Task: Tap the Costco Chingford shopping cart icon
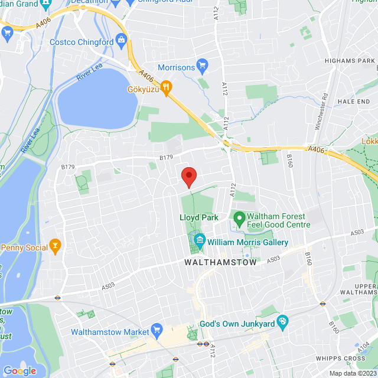pos(122,40)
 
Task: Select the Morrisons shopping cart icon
pos(203,66)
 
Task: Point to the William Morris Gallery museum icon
pos(200,241)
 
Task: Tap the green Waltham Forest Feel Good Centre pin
pos(239,219)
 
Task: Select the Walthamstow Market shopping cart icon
pos(157,330)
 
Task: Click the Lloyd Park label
pos(199,217)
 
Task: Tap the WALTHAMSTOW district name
pos(221,262)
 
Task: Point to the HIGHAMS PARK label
pos(350,61)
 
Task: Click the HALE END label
pos(354,102)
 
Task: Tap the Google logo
pos(19,370)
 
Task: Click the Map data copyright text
pos(352,373)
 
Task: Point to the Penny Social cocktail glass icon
pos(56,245)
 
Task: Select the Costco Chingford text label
pos(82,42)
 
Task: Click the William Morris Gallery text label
pos(248,243)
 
